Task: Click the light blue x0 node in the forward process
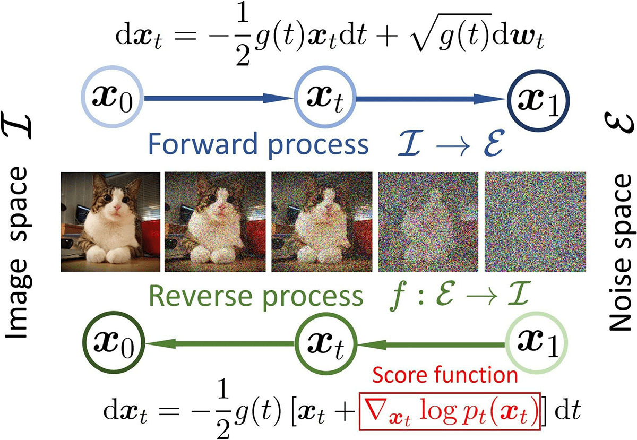pyautogui.click(x=113, y=98)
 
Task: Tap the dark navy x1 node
pyautogui.click(x=538, y=98)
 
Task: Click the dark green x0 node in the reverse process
pyautogui.click(x=113, y=346)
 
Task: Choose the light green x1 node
pyautogui.click(x=538, y=346)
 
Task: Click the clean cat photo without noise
pyautogui.click(x=110, y=221)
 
